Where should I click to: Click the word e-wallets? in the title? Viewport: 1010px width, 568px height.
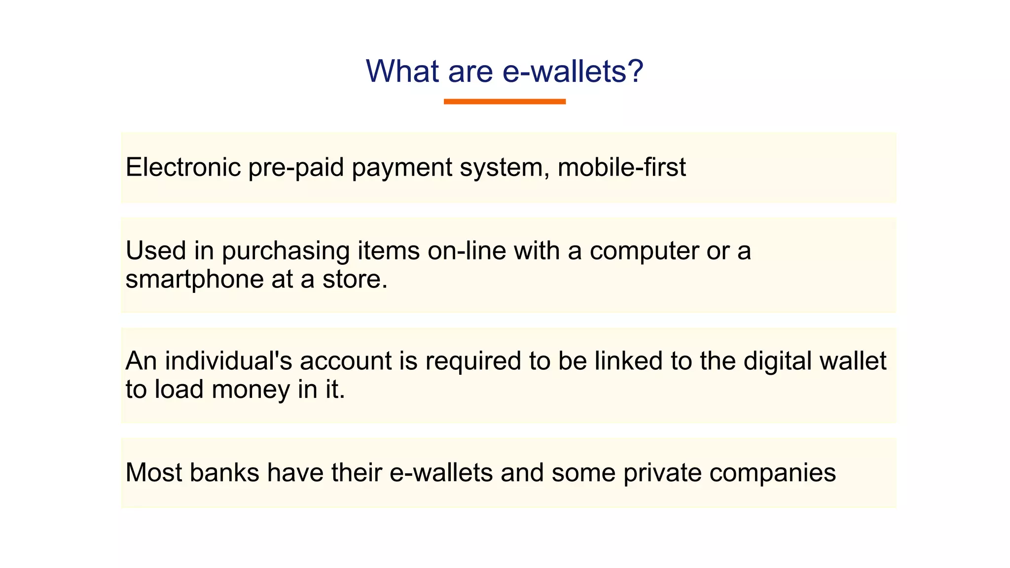point(573,71)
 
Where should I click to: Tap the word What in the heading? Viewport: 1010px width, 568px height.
point(402,71)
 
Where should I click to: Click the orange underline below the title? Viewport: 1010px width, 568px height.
point(505,102)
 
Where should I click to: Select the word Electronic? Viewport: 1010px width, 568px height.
point(183,167)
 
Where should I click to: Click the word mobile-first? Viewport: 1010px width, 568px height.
point(621,167)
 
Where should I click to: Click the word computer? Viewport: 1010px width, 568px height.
point(644,251)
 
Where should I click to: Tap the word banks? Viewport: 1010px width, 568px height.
point(224,472)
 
